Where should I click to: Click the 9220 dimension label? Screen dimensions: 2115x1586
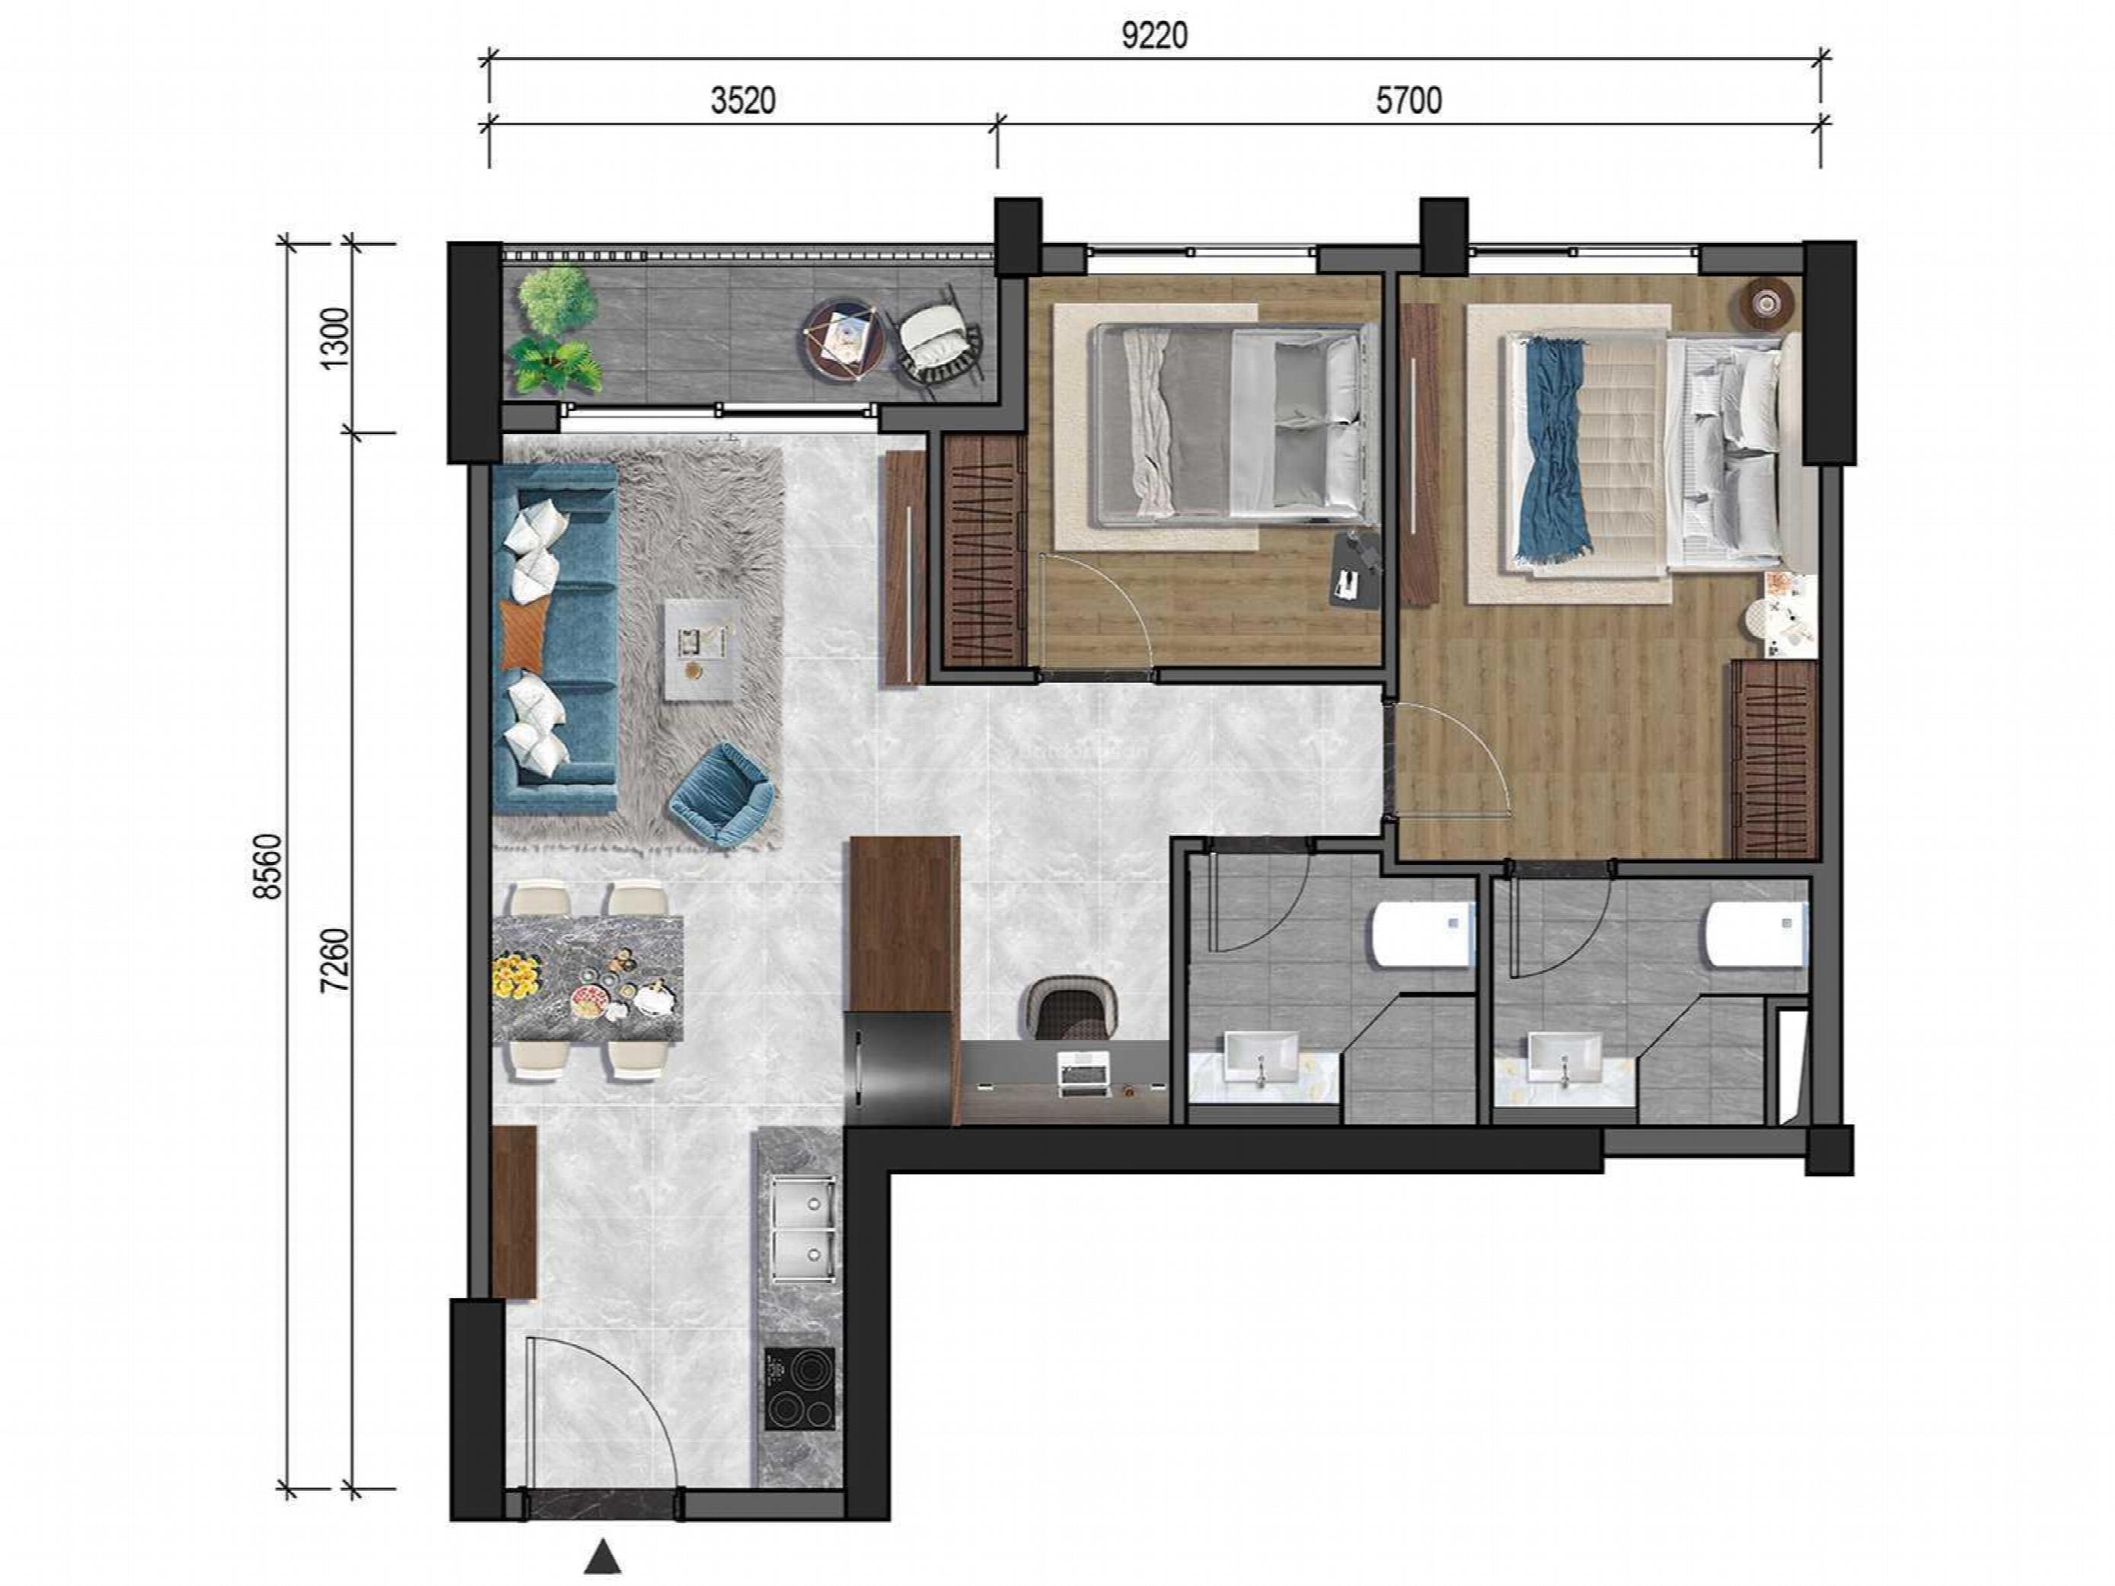(x=1154, y=37)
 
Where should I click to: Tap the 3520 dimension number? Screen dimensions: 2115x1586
(x=743, y=101)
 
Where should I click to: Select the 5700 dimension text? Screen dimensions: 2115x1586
(x=1408, y=101)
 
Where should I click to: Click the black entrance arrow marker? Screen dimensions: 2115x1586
(x=602, y=1556)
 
